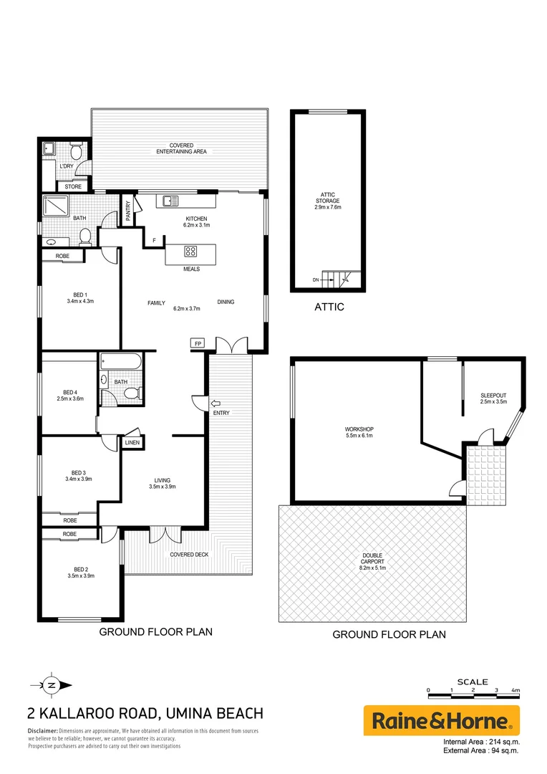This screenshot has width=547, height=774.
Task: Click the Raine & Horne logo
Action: (x=441, y=720)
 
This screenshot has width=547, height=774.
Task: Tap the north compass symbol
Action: (x=52, y=684)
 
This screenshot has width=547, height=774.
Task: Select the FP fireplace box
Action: (x=198, y=344)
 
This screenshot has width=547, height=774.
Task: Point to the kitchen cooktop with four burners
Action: (x=191, y=252)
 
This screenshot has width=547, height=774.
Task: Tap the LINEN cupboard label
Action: (x=132, y=444)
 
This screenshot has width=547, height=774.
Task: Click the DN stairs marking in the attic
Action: (x=316, y=279)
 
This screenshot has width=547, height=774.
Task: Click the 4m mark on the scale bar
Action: (x=515, y=689)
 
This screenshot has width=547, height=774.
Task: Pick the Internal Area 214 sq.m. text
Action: (x=481, y=741)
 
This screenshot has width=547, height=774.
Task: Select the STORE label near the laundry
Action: (x=73, y=187)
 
